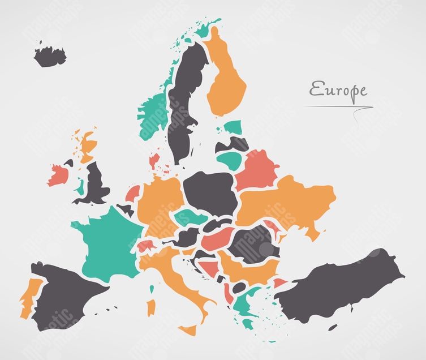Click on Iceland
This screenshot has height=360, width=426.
pyautogui.click(x=50, y=56)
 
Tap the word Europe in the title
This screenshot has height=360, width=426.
pyautogui.click(x=338, y=90)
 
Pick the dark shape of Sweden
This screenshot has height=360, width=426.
pyautogui.click(x=184, y=102)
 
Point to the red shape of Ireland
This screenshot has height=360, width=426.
pyautogui.click(x=58, y=175)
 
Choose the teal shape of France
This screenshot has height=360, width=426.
pyautogui.click(x=107, y=241)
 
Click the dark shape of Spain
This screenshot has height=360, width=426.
pyautogui.click(x=65, y=294)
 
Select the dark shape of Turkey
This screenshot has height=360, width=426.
pyautogui.click(x=339, y=286)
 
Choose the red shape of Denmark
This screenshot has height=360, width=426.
pyautogui.click(x=154, y=161)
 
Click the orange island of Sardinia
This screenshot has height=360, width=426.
pyautogui.click(x=151, y=308)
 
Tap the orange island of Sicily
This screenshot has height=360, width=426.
pyautogui.click(x=187, y=329)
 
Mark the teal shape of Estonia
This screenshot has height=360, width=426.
pyautogui.click(x=233, y=127)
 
